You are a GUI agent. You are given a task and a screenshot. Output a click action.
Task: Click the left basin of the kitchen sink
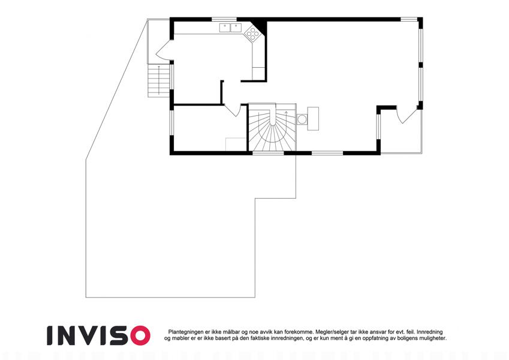pyautogui.click(x=225, y=28)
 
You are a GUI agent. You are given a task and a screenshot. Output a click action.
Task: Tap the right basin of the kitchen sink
pyautogui.click(x=236, y=28)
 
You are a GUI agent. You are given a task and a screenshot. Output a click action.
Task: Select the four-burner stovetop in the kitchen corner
pyautogui.click(x=252, y=34)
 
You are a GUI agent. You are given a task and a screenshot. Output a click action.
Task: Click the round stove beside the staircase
pyautogui.click(x=302, y=119)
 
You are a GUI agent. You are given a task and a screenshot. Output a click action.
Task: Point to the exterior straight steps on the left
pyautogui.click(x=159, y=80)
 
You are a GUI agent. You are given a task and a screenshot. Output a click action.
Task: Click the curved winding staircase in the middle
pyautogui.click(x=272, y=127)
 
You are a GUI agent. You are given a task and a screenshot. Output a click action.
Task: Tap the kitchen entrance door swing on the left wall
pyautogui.click(x=163, y=50)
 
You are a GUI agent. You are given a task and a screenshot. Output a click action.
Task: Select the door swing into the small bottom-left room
pyautogui.click(x=233, y=110)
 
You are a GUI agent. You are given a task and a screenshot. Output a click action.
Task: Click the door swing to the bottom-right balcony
pyautogui.click(x=407, y=115)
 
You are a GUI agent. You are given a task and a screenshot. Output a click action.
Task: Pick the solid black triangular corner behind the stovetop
pyautogui.click(x=260, y=25)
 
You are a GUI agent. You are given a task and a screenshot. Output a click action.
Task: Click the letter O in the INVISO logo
pyautogui.click(x=140, y=335)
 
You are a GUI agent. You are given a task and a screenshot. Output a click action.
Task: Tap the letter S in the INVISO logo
pyautogui.click(x=120, y=335)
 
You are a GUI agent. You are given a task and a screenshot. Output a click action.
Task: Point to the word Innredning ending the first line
pyautogui.click(x=429, y=332)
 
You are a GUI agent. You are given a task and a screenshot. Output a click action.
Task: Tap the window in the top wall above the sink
pyautogui.click(x=224, y=19)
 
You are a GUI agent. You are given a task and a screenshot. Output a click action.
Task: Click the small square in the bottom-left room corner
pyautogui.click(x=236, y=144)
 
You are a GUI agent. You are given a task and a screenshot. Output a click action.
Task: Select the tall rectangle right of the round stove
pyautogui.click(x=313, y=119)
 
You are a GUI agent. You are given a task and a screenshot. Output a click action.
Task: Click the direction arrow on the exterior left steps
pyautogui.click(x=159, y=80)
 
